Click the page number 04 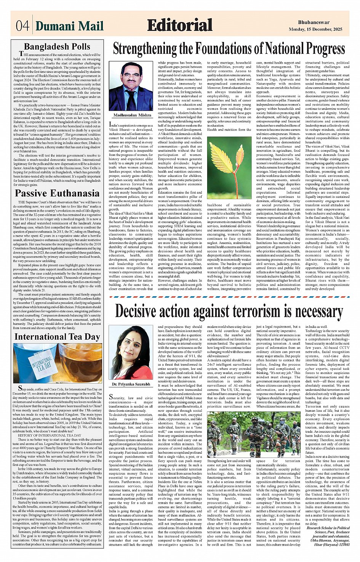[x=22, y=26]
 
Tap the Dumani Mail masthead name [x=69, y=26]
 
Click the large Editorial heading [x=179, y=25]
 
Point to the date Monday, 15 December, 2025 [x=315, y=29]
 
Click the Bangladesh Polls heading [x=57, y=47]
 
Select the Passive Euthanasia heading [x=57, y=193]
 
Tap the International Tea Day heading [x=57, y=337]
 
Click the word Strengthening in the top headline [x=145, y=49]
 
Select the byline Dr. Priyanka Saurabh [x=131, y=384]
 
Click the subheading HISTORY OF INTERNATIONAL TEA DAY [x=50, y=435]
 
